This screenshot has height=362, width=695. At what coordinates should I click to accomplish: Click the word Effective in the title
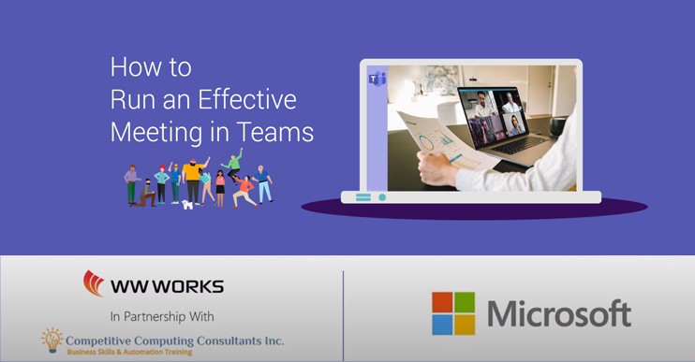click(x=247, y=99)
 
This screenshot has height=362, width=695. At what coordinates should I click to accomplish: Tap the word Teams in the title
click(x=275, y=132)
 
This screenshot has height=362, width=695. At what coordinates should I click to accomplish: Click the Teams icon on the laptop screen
click(x=377, y=79)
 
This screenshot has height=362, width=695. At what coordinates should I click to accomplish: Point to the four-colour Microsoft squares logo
click(x=453, y=313)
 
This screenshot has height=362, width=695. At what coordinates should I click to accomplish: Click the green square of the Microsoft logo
click(x=465, y=302)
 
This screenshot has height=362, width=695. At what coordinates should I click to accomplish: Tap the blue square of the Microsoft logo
click(x=442, y=325)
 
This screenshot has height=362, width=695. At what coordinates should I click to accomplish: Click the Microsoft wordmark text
click(x=559, y=312)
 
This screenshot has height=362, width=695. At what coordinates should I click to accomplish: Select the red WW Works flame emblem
click(x=93, y=283)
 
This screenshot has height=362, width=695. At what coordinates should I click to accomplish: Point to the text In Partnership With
click(x=162, y=316)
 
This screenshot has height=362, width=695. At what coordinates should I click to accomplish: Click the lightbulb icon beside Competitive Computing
click(x=52, y=340)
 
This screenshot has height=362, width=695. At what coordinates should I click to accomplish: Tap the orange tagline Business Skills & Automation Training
click(x=129, y=353)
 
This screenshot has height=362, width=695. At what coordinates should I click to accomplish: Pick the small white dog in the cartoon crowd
click(x=187, y=205)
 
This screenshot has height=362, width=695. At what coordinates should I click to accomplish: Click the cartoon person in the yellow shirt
click(x=193, y=181)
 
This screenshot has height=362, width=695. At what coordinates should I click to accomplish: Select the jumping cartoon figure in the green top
click(x=232, y=165)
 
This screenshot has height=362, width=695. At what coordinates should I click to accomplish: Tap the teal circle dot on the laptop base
click(x=382, y=197)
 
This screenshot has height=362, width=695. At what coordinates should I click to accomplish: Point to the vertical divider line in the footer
click(x=343, y=316)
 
